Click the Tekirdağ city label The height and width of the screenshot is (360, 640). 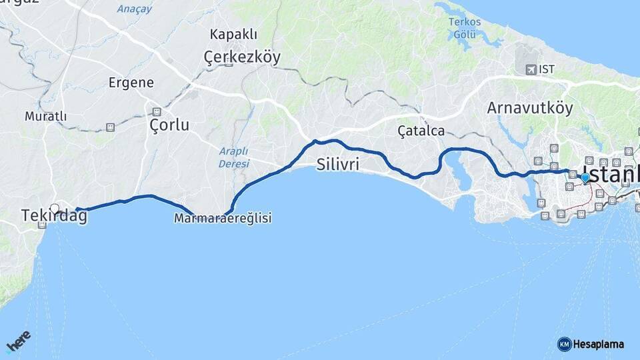(x=54, y=216)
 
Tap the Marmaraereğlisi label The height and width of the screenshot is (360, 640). (x=223, y=219)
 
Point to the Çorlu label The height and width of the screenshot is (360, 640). (x=169, y=125)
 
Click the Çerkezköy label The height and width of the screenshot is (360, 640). (x=242, y=58)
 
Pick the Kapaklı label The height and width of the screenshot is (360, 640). (x=233, y=34)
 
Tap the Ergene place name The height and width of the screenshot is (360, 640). (x=131, y=83)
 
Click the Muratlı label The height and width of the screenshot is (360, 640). (x=46, y=117)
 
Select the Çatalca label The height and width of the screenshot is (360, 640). (x=421, y=131)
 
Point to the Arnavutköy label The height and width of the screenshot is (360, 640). (x=530, y=108)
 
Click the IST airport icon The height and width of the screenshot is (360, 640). (x=531, y=69)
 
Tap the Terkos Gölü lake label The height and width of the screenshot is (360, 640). (x=465, y=27)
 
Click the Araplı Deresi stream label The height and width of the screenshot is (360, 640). (x=234, y=157)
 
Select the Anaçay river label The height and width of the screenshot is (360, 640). (x=135, y=9)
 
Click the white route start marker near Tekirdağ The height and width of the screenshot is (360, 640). (x=55, y=209)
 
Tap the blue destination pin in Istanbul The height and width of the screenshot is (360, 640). (x=585, y=178)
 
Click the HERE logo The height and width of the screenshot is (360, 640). (x=18, y=342)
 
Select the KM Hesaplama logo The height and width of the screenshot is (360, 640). (x=591, y=344)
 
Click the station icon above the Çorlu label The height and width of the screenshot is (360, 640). (x=157, y=111)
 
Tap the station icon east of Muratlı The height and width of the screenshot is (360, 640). (x=110, y=127)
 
